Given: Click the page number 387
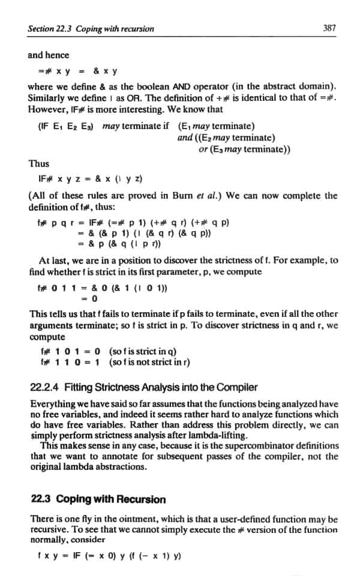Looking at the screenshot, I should pyautogui.click(x=328, y=28).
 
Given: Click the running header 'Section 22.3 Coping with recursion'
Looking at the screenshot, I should pyautogui.click(x=91, y=28).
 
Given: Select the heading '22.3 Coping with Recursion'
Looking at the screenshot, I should pyautogui.click(x=90, y=499).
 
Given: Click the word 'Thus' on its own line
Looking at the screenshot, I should pyautogui.click(x=38, y=163).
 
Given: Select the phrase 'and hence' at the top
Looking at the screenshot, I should pyautogui.click(x=49, y=55).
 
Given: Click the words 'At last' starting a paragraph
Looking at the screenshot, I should pyautogui.click(x=52, y=261).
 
